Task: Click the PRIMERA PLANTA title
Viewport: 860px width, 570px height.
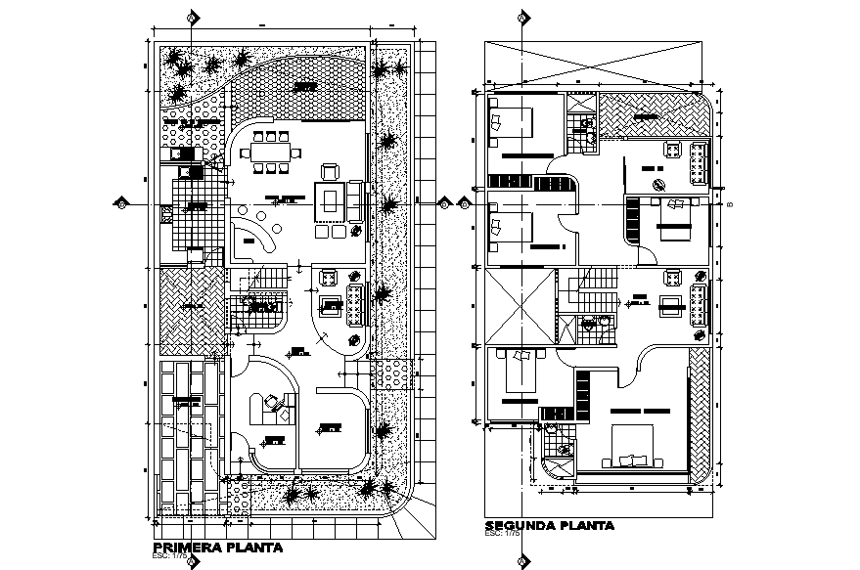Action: pos(218,548)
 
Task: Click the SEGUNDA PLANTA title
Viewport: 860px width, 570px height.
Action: pos(549,525)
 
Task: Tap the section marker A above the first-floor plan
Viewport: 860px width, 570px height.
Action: pos(194,17)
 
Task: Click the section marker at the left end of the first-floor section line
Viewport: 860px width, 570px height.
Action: pos(120,204)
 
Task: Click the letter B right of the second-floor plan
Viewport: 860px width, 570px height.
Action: pos(730,204)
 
